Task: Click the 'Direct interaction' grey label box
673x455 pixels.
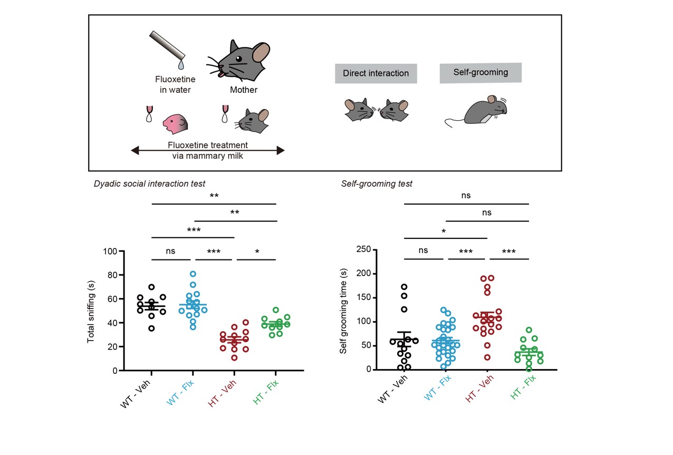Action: click(376, 73)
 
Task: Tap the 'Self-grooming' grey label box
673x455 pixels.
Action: click(480, 73)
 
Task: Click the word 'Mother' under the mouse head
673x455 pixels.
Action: click(244, 90)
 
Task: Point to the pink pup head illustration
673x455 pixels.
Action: click(174, 123)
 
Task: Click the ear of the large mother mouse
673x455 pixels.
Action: click(261, 53)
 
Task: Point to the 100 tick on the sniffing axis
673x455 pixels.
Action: click(110, 251)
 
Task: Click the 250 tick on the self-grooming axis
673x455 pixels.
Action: click(363, 249)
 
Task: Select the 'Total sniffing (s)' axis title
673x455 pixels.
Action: click(91, 311)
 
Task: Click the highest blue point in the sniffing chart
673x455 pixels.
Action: click(193, 274)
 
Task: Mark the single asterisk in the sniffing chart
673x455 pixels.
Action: click(257, 251)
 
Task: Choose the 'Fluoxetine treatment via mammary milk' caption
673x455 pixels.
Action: click(208, 150)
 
